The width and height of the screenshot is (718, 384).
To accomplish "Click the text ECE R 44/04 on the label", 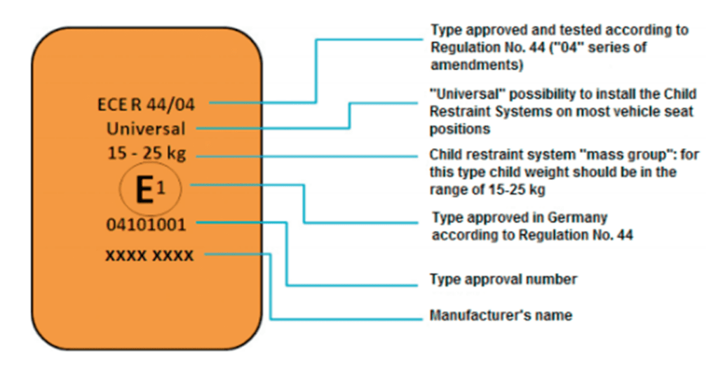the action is coord(146,105).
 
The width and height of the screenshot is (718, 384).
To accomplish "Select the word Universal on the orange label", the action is coord(146,128).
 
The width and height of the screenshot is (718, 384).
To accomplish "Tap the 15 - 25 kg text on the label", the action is coord(147,153).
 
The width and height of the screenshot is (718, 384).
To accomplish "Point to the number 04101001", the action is coord(146,225).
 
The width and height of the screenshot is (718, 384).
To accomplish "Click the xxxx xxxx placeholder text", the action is coord(149,256).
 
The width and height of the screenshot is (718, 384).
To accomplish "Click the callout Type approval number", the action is coord(503,279).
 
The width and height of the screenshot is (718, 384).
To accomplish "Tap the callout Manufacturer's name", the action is coord(501,315).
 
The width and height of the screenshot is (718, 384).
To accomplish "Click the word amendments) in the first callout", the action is coord(477,65).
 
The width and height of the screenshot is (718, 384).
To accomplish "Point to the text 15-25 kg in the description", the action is coord(517,190).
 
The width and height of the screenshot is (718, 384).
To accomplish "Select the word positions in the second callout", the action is coord(460,129).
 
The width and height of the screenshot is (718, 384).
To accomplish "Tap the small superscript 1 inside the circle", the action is coord(161,187).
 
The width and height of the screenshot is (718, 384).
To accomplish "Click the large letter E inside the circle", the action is coord(144,190).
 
